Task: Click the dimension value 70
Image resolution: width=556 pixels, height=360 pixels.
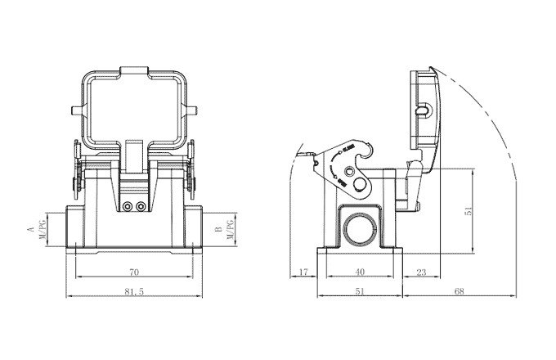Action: [134, 272]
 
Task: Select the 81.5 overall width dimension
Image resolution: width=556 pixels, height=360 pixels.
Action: [134, 292]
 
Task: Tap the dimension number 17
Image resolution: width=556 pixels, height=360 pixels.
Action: [303, 272]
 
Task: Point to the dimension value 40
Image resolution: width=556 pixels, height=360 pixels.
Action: [360, 272]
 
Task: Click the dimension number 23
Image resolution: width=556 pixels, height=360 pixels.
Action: [421, 272]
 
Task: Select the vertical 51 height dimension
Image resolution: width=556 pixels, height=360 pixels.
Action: [469, 210]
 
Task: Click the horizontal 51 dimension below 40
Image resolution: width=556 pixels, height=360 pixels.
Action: [360, 292]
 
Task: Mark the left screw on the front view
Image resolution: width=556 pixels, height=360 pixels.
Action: [127, 206]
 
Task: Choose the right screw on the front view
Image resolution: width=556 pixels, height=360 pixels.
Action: [141, 206]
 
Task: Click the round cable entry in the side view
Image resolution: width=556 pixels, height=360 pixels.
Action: [360, 231]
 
